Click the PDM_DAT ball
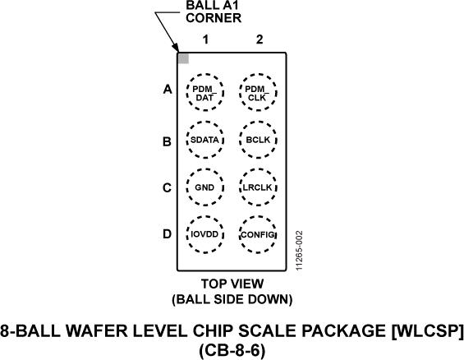(206, 93)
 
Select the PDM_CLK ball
(258, 93)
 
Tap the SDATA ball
(206, 140)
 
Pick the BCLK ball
(258, 140)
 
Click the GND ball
(206, 187)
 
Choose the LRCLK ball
(258, 187)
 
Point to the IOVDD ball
(206, 233)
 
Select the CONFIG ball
(258, 233)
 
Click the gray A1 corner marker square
(183, 58)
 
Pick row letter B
(167, 141)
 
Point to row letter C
(167, 187)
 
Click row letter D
(167, 234)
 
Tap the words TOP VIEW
(232, 284)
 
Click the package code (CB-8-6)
(232, 349)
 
